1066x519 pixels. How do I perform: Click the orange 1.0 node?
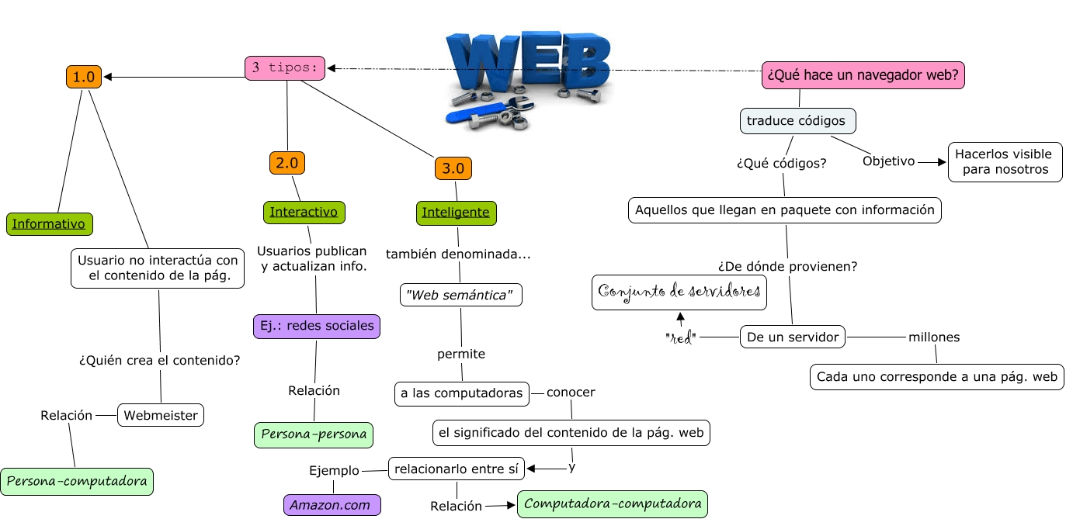coord(83,77)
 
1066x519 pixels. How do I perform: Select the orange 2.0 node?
coord(287,163)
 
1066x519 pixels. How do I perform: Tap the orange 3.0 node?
coord(453,168)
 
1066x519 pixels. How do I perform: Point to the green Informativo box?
coord(49,224)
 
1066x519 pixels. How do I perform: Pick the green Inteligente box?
coord(456,213)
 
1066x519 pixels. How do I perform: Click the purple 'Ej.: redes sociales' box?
coord(317,326)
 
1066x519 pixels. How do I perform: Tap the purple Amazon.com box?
coord(332,505)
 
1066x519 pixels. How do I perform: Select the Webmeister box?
coord(161,415)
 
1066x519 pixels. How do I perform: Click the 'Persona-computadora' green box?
coord(77,481)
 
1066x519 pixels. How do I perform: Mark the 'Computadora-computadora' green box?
coord(613,504)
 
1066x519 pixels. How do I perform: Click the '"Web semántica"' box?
coord(460,295)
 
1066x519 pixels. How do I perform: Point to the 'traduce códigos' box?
coord(797,121)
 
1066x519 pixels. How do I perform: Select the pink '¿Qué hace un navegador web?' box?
coord(863,75)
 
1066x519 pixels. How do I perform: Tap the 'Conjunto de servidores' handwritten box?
coord(679,292)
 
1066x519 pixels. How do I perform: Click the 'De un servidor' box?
coord(792,337)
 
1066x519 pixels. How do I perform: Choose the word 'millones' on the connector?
coord(934,337)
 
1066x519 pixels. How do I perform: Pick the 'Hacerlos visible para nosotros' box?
coord(1005,162)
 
